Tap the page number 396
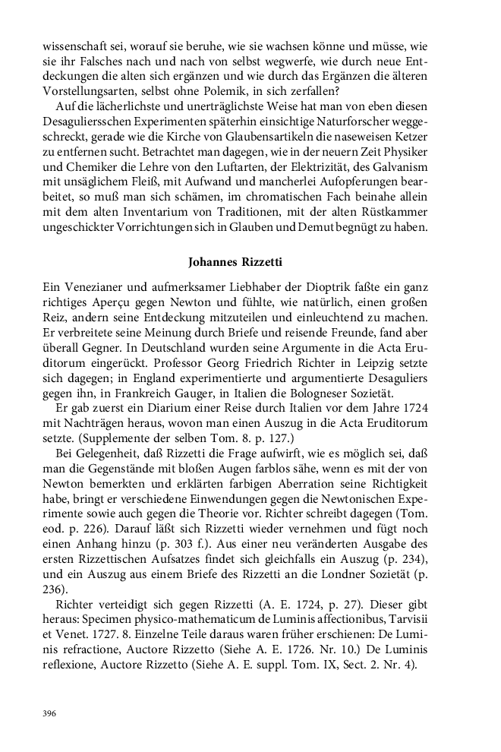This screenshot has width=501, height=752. click(x=50, y=713)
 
